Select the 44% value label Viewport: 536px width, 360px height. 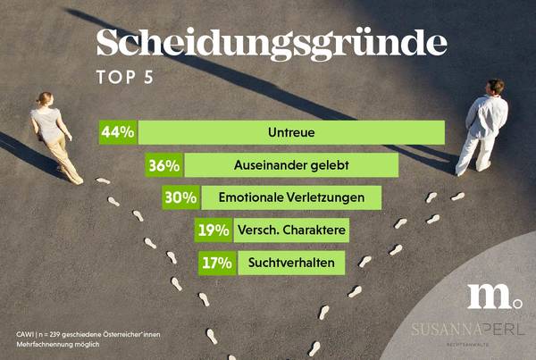118,132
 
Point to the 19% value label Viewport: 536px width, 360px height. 213,230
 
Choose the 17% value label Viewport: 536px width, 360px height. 217,263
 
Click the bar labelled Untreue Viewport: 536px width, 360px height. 290,132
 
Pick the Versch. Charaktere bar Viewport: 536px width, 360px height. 290,230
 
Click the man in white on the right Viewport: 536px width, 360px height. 482,126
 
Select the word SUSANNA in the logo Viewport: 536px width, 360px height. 443,329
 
